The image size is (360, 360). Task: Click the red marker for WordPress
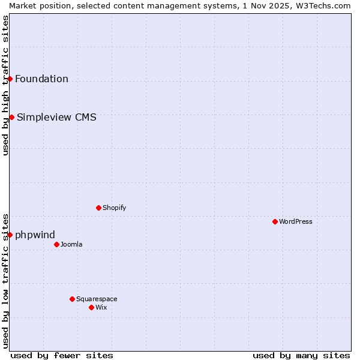click(275, 221)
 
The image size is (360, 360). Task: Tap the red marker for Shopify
click(98, 208)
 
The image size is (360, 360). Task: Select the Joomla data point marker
click(56, 244)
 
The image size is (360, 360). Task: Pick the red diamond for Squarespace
click(72, 299)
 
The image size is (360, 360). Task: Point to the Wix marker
click(91, 307)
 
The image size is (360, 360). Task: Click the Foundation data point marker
click(10, 79)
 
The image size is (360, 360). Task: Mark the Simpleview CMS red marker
click(11, 117)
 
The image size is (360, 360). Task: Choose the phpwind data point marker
click(10, 235)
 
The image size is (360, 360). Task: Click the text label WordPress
click(296, 221)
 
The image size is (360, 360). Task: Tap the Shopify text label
click(114, 208)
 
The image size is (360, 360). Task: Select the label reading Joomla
click(71, 244)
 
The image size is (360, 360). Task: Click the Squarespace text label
click(97, 299)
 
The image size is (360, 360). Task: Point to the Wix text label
click(101, 307)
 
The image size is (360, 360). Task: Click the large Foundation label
click(41, 79)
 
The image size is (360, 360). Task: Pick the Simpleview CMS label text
click(56, 117)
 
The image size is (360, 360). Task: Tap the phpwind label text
click(35, 235)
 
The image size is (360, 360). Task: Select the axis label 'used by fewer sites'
click(62, 355)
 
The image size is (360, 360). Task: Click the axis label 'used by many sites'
click(301, 355)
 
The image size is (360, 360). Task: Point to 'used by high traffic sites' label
click(5, 85)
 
